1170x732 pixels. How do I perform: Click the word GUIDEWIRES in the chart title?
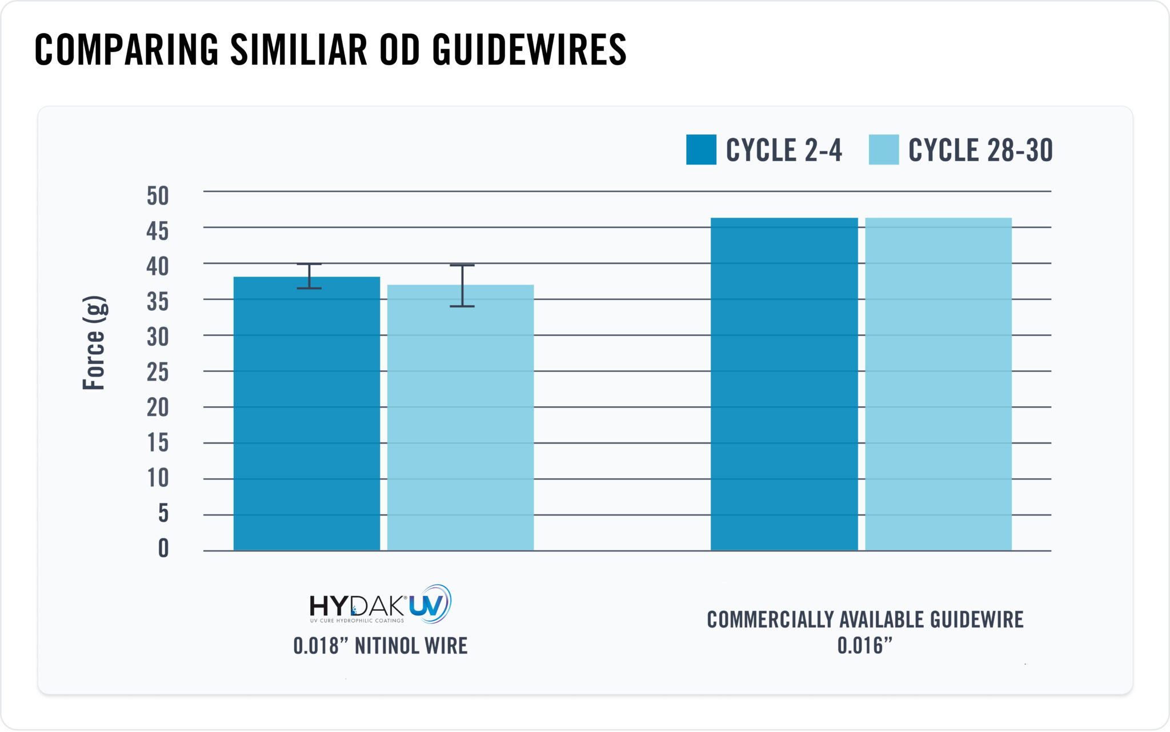pos(529,50)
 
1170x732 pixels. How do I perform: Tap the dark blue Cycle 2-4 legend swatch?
pos(701,150)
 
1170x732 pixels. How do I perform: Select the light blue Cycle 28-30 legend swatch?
pos(883,150)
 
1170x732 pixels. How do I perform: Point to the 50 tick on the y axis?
pos(158,196)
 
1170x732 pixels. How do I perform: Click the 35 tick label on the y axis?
pos(158,302)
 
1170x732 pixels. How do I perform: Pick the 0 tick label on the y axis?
pos(163,548)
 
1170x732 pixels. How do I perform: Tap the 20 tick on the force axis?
pos(158,407)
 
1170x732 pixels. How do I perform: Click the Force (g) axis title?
pos(94,343)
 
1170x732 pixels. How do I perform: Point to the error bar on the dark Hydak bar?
pos(309,276)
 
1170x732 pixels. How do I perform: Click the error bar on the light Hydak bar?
pos(462,286)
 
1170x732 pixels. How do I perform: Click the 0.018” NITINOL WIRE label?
pos(380,646)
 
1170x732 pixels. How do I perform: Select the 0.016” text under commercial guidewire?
pos(864,646)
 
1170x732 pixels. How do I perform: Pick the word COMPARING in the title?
pos(127,50)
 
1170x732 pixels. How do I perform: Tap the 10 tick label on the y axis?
pos(158,478)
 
